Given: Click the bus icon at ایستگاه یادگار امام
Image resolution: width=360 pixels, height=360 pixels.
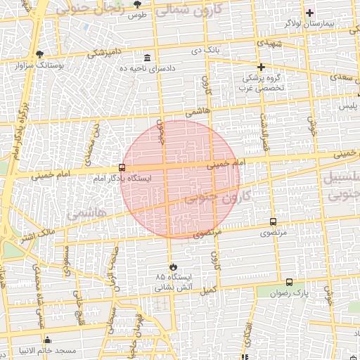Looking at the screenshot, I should pyautogui.click(x=122, y=168).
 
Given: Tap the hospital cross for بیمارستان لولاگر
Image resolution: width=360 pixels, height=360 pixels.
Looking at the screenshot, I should pyautogui.click(x=309, y=13).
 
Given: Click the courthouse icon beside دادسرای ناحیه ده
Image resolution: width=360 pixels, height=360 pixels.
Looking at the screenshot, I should pyautogui.click(x=147, y=58).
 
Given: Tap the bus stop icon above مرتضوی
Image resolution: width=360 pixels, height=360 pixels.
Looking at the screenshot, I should pyautogui.click(x=273, y=221).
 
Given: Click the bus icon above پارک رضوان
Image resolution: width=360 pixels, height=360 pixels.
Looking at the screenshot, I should pyautogui.click(x=289, y=282).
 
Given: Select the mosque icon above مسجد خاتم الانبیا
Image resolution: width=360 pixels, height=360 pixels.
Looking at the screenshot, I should pyautogui.click(x=48, y=340).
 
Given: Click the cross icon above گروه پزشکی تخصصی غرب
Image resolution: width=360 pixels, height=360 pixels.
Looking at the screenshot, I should pyautogui.click(x=261, y=67).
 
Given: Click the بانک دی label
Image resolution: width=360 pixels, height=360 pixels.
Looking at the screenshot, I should pyautogui.click(x=207, y=51).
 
